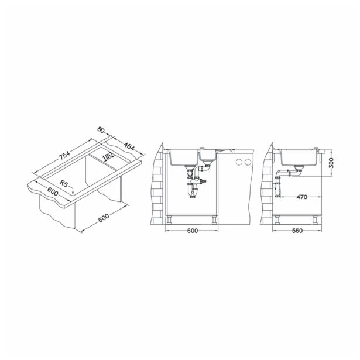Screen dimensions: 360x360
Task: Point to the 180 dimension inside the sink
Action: (108, 157)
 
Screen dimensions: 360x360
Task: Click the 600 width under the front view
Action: (192, 231)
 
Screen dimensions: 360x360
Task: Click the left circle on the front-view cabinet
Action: (238, 161)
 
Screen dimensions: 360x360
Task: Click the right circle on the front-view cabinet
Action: (248, 161)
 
